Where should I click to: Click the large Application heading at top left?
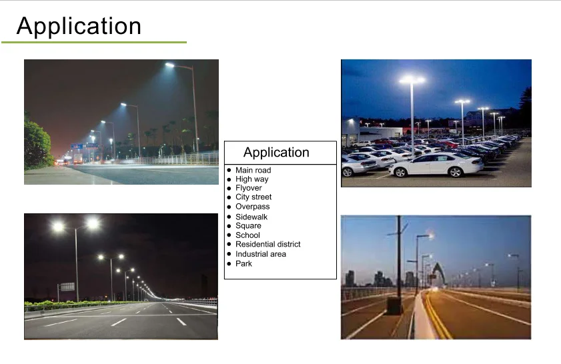(79, 26)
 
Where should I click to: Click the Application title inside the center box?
(276, 152)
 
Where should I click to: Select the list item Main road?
(253, 171)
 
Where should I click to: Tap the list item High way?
(251, 179)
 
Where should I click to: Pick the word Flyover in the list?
(248, 188)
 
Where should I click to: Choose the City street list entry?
(253, 197)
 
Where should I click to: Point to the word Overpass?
(252, 207)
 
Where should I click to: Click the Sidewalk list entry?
(251, 217)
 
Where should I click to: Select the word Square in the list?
(248, 226)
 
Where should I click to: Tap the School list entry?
(247, 235)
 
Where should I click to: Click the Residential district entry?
(267, 245)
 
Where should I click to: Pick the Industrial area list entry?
(260, 254)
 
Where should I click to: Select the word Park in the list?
(243, 264)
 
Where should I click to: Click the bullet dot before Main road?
(229, 171)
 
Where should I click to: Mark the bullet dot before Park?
(229, 264)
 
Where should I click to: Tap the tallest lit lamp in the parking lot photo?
(412, 81)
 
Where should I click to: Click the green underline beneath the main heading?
(94, 43)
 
